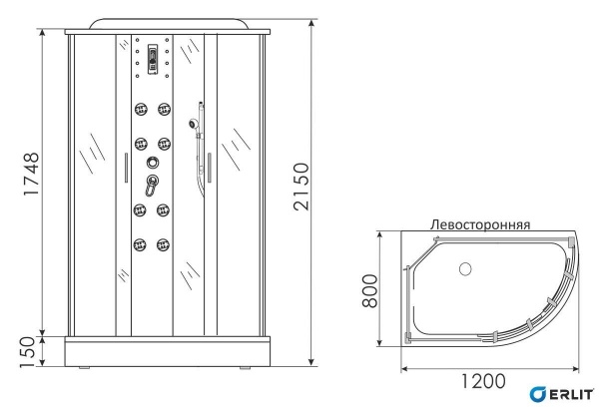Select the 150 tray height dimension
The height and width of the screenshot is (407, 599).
tap(29, 348)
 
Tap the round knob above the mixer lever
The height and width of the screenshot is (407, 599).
tap(152, 164)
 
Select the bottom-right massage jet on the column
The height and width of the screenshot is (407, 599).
tap(162, 240)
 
